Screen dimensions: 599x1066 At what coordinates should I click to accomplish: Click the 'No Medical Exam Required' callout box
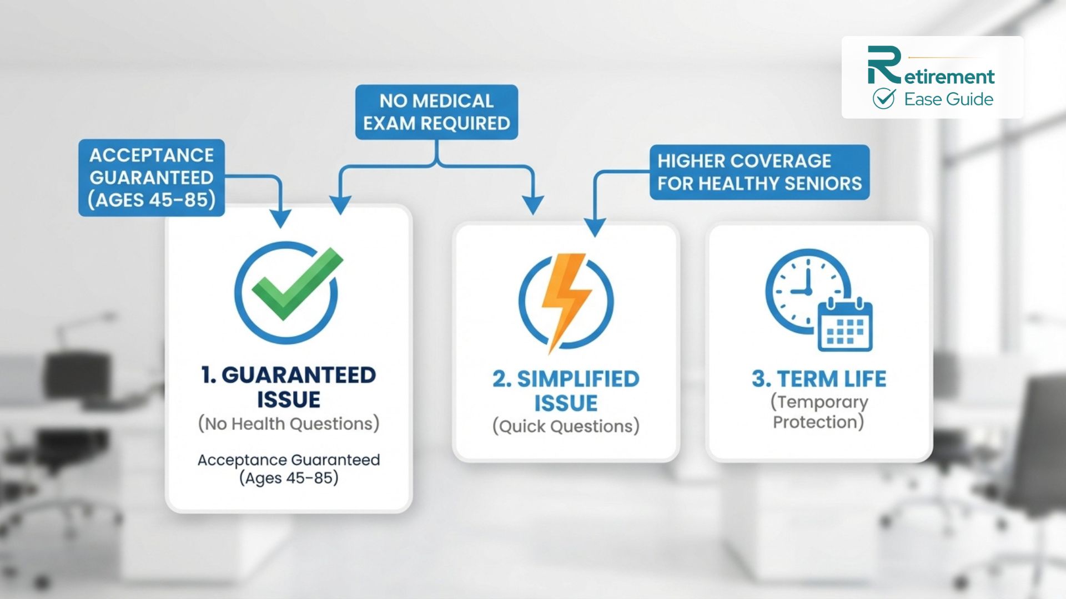coord(436,112)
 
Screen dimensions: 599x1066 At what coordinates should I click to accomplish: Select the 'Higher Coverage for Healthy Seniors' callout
coord(759,172)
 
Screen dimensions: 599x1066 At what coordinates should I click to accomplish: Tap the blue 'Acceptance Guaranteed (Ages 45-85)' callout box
coord(152,177)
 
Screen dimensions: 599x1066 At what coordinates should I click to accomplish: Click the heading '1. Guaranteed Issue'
coord(288,387)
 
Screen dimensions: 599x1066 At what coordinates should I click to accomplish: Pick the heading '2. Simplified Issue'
coord(566,390)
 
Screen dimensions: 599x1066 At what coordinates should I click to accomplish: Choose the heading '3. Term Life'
coord(819,379)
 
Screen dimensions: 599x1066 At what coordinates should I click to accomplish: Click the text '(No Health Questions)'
coord(288,424)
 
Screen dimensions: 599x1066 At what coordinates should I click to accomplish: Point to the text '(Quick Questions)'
coord(566,426)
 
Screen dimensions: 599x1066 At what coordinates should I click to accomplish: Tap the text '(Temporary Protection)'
coord(819,412)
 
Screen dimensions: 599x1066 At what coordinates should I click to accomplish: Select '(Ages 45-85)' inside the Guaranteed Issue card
coord(289,478)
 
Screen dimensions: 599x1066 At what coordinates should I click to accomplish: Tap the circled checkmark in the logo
coord(883,99)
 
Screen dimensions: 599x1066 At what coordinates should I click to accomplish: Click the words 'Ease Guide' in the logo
coord(948,99)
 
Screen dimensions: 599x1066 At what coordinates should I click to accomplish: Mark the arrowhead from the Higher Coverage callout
coord(595,228)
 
